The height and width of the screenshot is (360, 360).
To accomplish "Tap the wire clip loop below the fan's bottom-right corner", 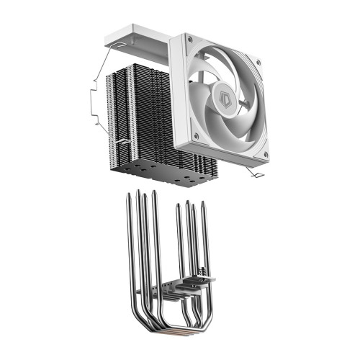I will pos(254,172).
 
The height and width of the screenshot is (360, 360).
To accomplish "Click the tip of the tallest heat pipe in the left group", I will pos(138,191).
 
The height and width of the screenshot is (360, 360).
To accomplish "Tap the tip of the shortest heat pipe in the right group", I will pos(179,206).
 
